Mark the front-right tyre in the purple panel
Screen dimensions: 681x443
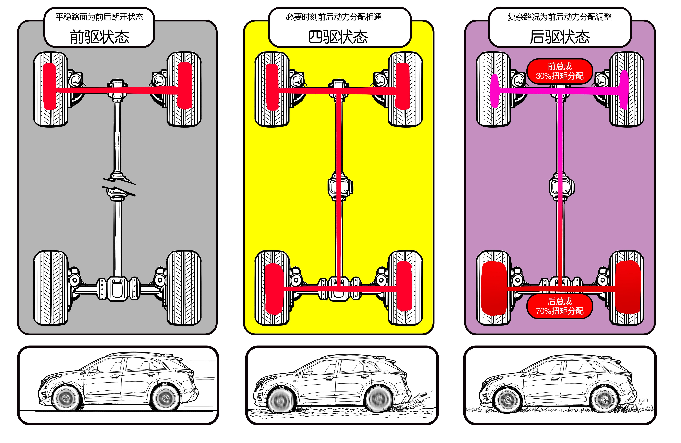tap(627, 89)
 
